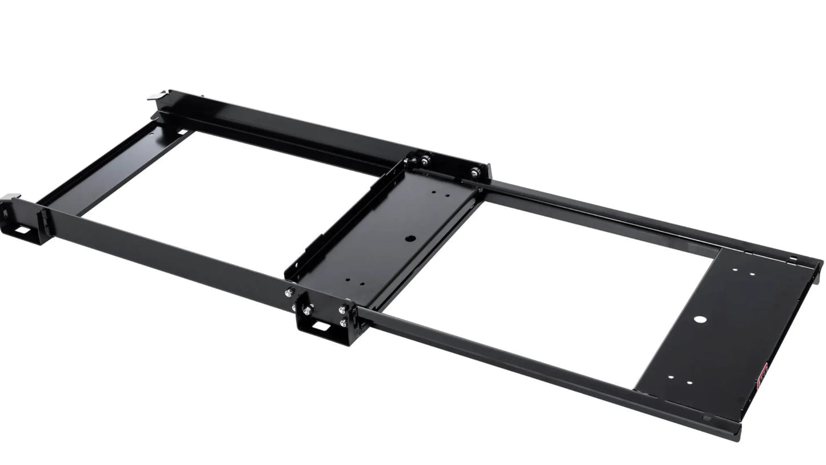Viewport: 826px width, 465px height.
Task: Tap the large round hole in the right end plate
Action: click(x=701, y=319)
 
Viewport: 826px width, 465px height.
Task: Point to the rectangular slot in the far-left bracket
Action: click(x=23, y=230)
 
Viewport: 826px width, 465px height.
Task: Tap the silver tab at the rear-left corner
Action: click(x=157, y=96)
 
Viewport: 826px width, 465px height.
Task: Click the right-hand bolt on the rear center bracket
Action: click(x=474, y=172)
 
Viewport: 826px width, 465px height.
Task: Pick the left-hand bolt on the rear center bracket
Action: click(x=425, y=161)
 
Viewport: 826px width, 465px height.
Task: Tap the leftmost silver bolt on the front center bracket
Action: click(x=289, y=292)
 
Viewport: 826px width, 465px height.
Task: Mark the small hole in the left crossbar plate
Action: click(x=151, y=134)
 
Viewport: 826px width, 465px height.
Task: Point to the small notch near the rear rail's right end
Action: click(x=793, y=259)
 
